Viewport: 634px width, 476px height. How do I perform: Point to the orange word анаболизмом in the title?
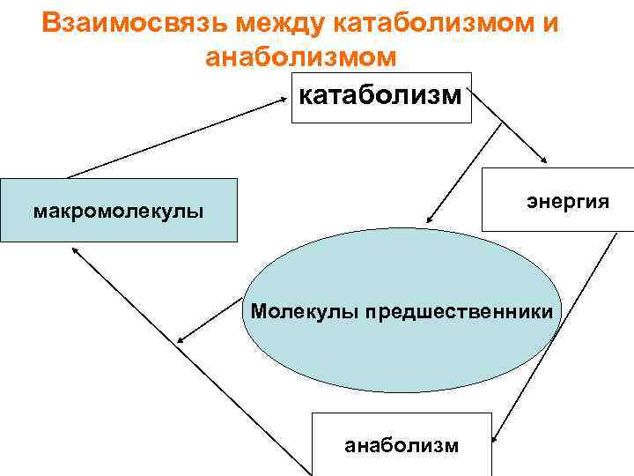point(300,56)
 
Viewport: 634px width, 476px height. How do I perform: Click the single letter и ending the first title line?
point(550,22)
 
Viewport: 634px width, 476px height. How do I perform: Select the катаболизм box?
point(380,97)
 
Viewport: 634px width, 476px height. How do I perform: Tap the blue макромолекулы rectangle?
point(118,211)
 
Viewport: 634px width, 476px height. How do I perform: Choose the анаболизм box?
point(401,444)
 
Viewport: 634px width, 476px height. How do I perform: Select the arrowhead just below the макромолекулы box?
point(76,251)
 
